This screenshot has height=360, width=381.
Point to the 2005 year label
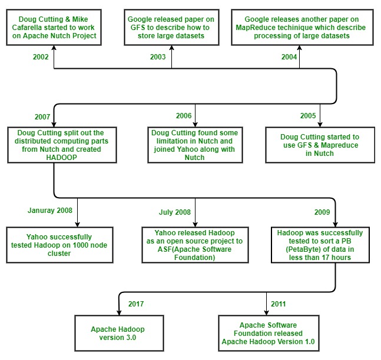pos(307,115)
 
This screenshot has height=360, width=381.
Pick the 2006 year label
pos(184,115)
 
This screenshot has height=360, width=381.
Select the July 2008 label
pos(175,212)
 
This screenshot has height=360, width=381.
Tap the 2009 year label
pos(322,211)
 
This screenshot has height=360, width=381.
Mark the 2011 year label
pos(279,304)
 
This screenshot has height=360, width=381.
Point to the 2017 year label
pos(137,304)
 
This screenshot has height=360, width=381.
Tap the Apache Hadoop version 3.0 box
pos(118,334)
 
